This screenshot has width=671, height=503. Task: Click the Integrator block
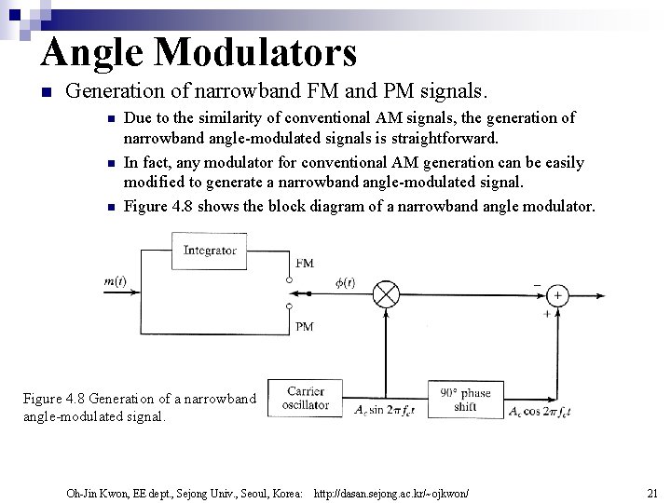coord(210,251)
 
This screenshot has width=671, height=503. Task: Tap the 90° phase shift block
coord(466,399)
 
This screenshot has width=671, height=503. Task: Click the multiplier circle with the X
coord(386,294)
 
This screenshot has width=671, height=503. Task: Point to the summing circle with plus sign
coord(557,294)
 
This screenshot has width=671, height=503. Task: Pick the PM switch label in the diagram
coord(304,326)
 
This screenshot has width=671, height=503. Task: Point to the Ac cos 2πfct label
coord(541,411)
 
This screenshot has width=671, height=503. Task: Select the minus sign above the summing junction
coord(536,283)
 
